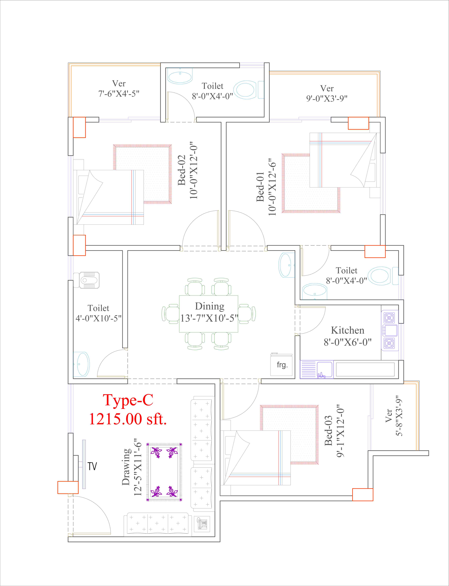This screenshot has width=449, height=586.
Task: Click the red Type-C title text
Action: (x=128, y=400)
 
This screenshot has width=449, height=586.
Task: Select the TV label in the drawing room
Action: (x=92, y=466)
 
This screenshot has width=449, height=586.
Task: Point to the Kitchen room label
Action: (x=347, y=330)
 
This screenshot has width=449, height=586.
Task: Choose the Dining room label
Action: (x=210, y=306)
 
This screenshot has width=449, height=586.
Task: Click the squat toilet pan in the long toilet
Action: (x=86, y=280)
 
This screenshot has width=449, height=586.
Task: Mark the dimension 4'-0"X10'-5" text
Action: (x=98, y=318)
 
